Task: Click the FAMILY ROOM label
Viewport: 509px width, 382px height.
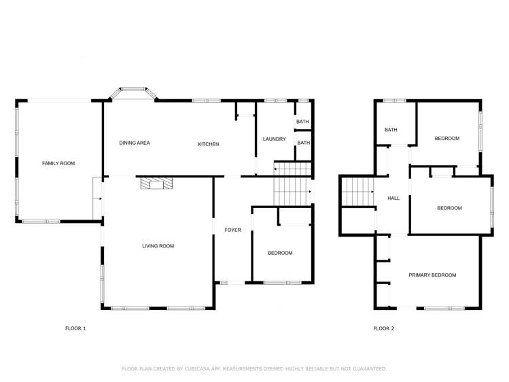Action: pyautogui.click(x=58, y=163)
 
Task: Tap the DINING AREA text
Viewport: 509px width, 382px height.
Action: pyautogui.click(x=135, y=143)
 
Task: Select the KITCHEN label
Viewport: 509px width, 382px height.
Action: pyautogui.click(x=208, y=144)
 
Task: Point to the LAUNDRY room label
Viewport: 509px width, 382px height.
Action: pyautogui.click(x=274, y=139)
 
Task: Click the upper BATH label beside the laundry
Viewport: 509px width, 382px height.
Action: pyautogui.click(x=303, y=122)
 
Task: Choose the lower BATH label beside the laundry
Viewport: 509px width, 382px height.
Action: pyautogui.click(x=303, y=143)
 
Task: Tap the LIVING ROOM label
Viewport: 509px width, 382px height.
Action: pyautogui.click(x=158, y=246)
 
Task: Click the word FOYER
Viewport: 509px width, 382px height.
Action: pyautogui.click(x=232, y=230)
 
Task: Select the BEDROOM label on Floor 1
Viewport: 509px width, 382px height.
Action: pyautogui.click(x=280, y=253)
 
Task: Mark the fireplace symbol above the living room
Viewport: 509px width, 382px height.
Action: pyautogui.click(x=156, y=183)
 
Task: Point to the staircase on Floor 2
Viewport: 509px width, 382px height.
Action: pyautogui.click(x=357, y=191)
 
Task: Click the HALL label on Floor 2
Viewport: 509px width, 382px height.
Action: pyautogui.click(x=393, y=198)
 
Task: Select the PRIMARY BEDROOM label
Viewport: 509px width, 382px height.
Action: pyautogui.click(x=432, y=275)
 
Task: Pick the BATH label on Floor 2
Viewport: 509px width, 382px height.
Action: pyautogui.click(x=391, y=130)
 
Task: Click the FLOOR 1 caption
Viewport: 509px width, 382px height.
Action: pyautogui.click(x=75, y=328)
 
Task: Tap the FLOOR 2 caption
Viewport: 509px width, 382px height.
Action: pyautogui.click(x=383, y=328)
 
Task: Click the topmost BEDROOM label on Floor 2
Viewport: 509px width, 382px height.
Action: pyautogui.click(x=447, y=139)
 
